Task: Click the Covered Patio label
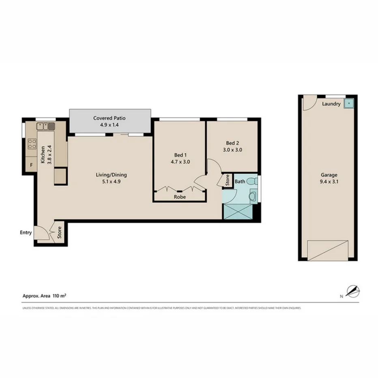pyautogui.click(x=110, y=118)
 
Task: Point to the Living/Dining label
pyautogui.click(x=111, y=175)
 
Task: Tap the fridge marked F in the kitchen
pyautogui.click(x=31, y=165)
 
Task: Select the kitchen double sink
pyautogui.click(x=45, y=126)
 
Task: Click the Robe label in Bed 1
pyautogui.click(x=180, y=197)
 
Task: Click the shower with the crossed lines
pyautogui.click(x=237, y=212)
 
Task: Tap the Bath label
pyautogui.click(x=240, y=181)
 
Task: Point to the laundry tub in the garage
pyautogui.click(x=348, y=103)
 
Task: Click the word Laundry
pyautogui.click(x=331, y=104)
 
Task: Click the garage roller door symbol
pyautogui.click(x=328, y=250)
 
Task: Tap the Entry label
pyautogui.click(x=26, y=232)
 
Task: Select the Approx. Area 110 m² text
pyautogui.click(x=45, y=296)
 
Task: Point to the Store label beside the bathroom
pyautogui.click(x=227, y=180)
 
